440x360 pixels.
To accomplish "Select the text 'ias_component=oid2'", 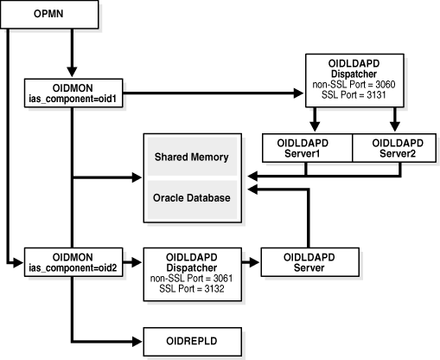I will coord(73,264).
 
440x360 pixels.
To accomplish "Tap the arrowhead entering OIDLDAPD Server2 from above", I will coord(395,127).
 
